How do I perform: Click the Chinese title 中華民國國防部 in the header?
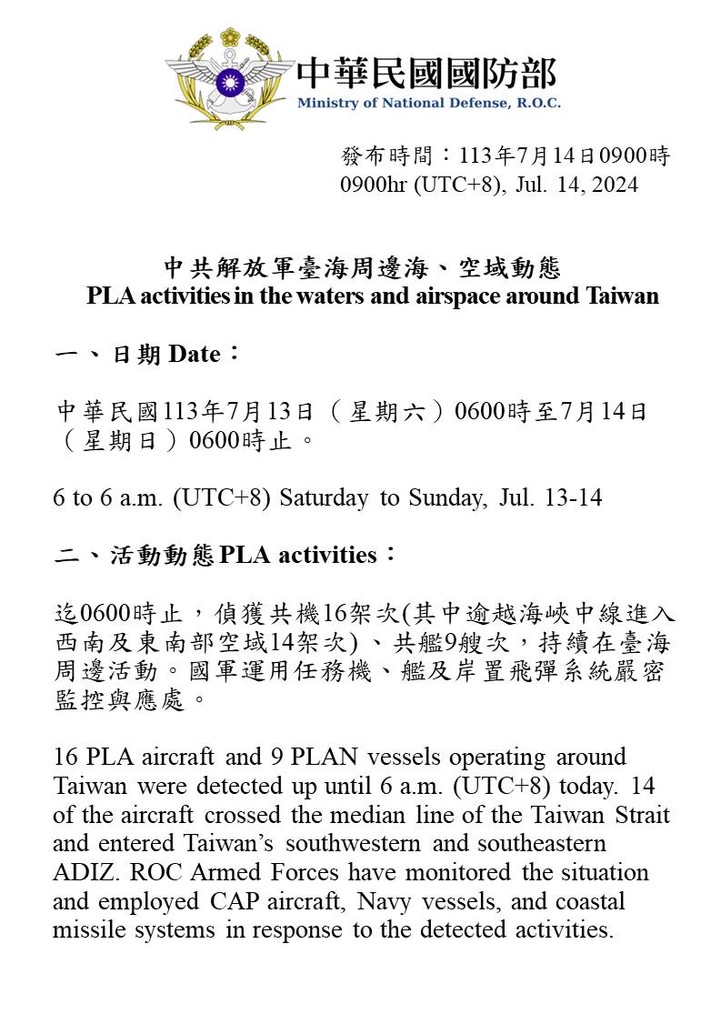(x=426, y=73)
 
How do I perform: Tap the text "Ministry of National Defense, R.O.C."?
(x=428, y=103)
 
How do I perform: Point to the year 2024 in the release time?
(x=615, y=185)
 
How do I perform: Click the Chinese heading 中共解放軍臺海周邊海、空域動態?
(x=362, y=268)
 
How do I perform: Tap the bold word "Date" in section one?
(x=195, y=354)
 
